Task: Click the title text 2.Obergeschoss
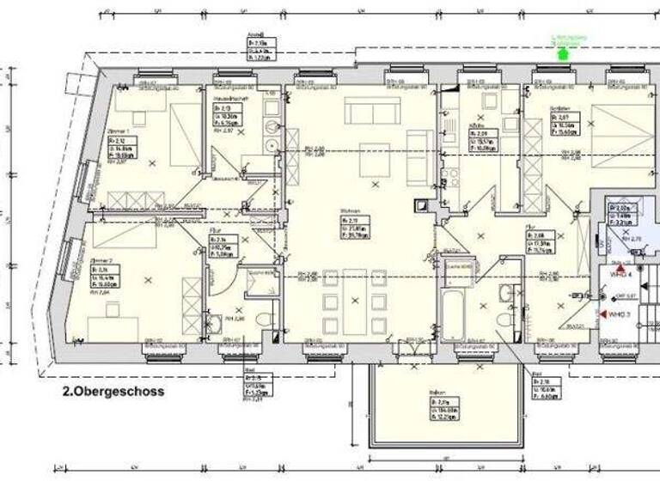[113, 390]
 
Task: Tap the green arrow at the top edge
[563, 54]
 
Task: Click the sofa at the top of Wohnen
[368, 111]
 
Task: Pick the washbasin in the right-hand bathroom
[506, 293]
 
